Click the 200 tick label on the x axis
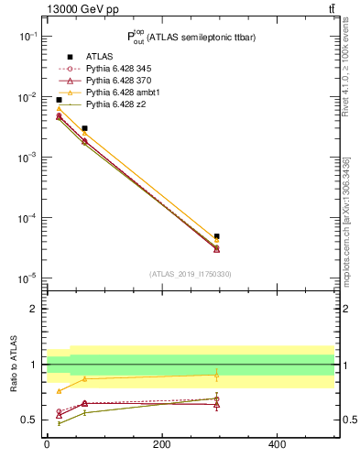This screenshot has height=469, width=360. pyautogui.click(x=161, y=444)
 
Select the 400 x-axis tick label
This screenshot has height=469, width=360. pyautogui.click(x=276, y=444)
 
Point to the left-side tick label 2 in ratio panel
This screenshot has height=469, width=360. pyautogui.click(x=34, y=309)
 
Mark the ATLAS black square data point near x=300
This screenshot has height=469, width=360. pyautogui.click(x=216, y=236)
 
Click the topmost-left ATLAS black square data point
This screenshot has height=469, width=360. pyautogui.click(x=59, y=100)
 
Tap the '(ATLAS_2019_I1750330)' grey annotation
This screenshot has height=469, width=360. pyautogui.click(x=190, y=274)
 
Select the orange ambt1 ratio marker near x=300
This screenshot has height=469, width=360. pyautogui.click(x=216, y=375)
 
